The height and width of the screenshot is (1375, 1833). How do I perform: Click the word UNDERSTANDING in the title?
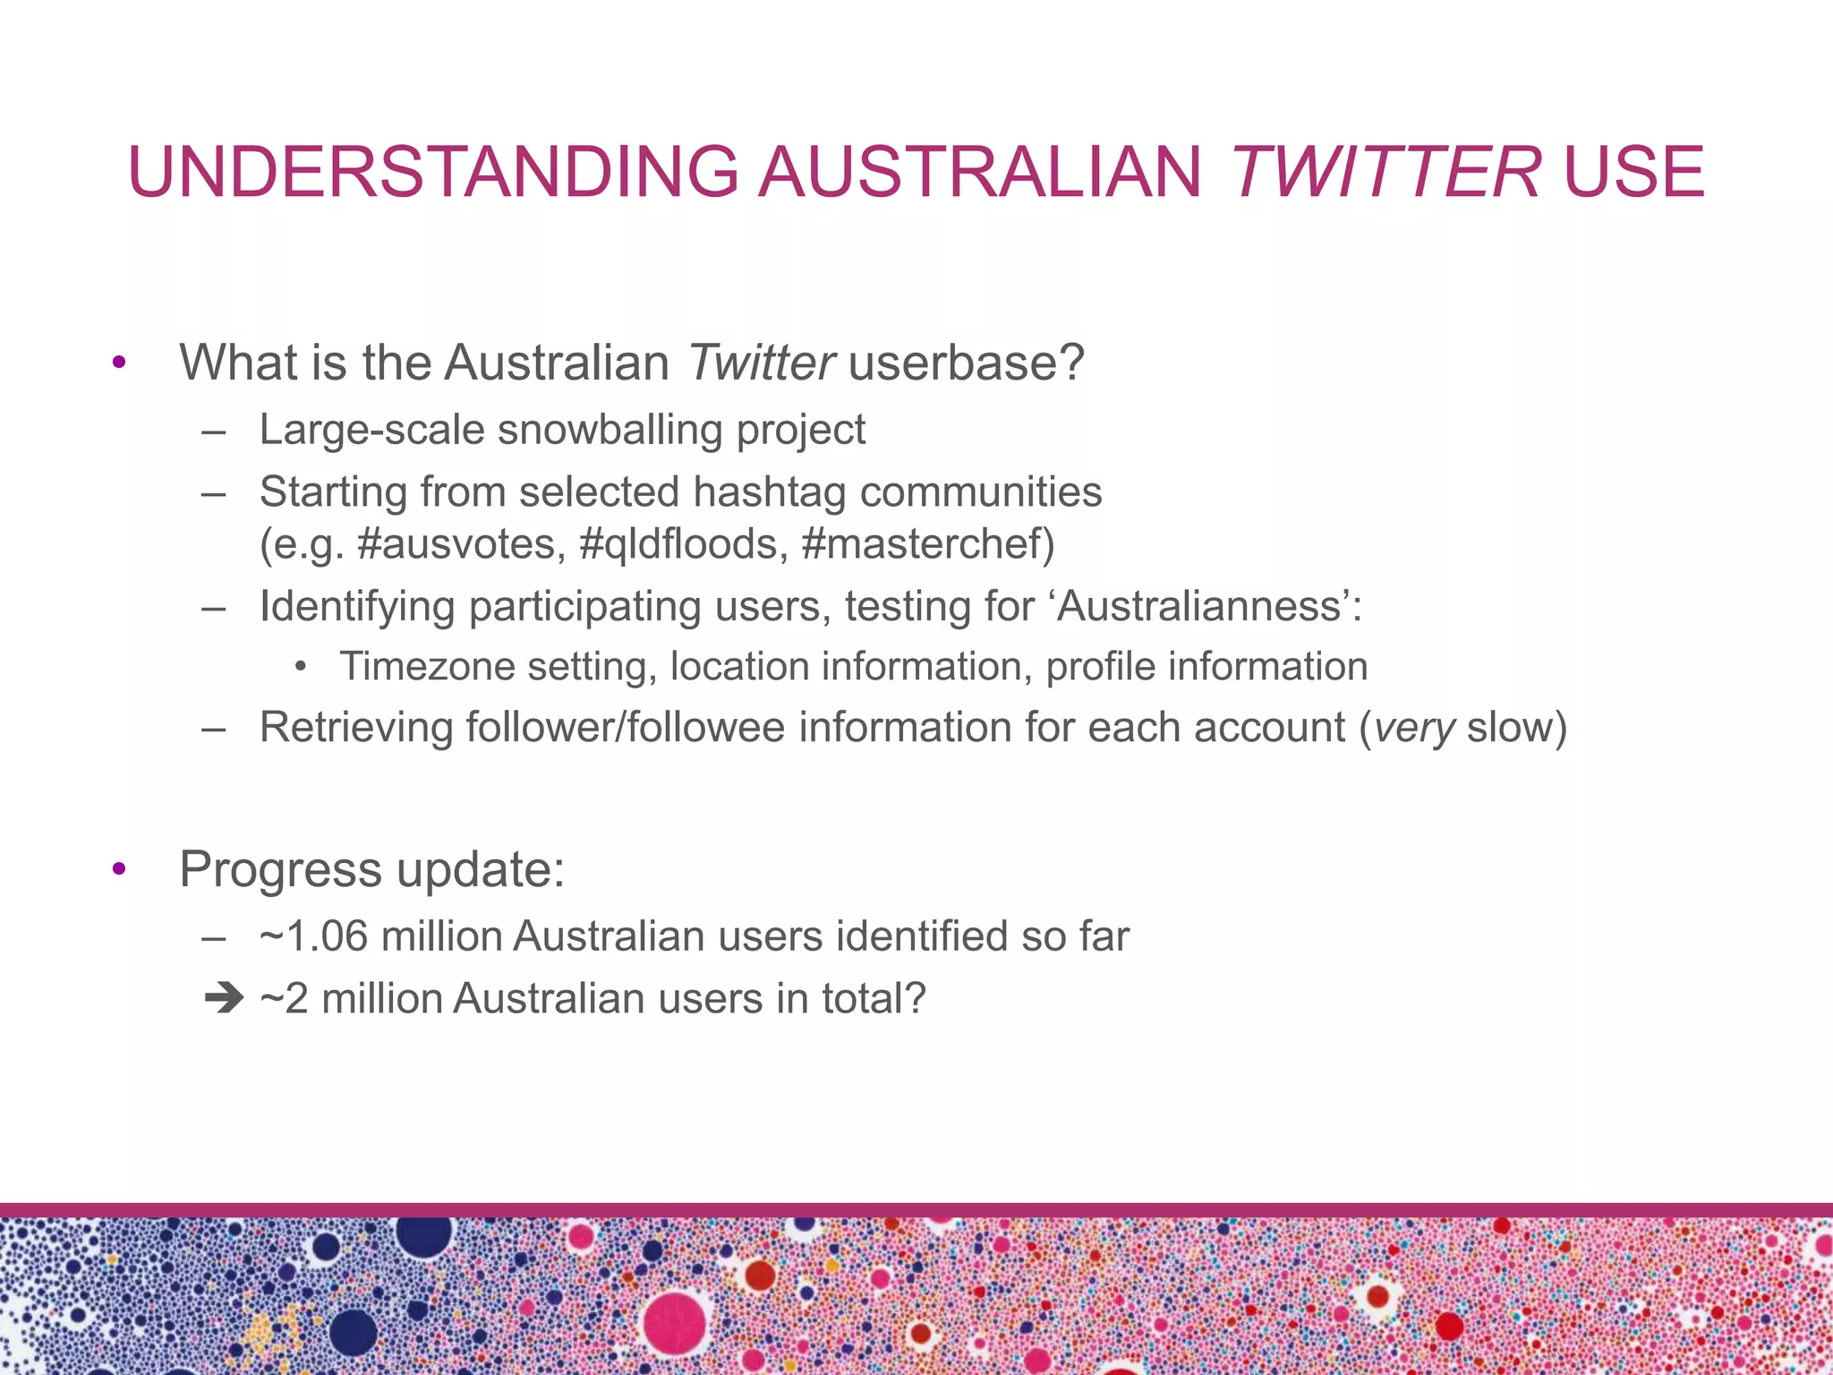tap(433, 172)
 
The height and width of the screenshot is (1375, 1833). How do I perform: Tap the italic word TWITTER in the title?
tap(1385, 172)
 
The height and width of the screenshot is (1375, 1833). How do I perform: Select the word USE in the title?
tap(1634, 172)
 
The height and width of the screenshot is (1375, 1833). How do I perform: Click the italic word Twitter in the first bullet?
tap(761, 363)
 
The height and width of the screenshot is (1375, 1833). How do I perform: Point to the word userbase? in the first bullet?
tap(966, 363)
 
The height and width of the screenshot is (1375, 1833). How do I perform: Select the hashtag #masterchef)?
tap(928, 543)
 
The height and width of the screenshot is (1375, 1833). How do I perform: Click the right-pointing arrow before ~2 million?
tap(223, 998)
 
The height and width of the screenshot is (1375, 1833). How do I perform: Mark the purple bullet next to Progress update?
tap(119, 869)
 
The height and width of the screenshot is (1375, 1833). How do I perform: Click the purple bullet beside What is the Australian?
tap(119, 363)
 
